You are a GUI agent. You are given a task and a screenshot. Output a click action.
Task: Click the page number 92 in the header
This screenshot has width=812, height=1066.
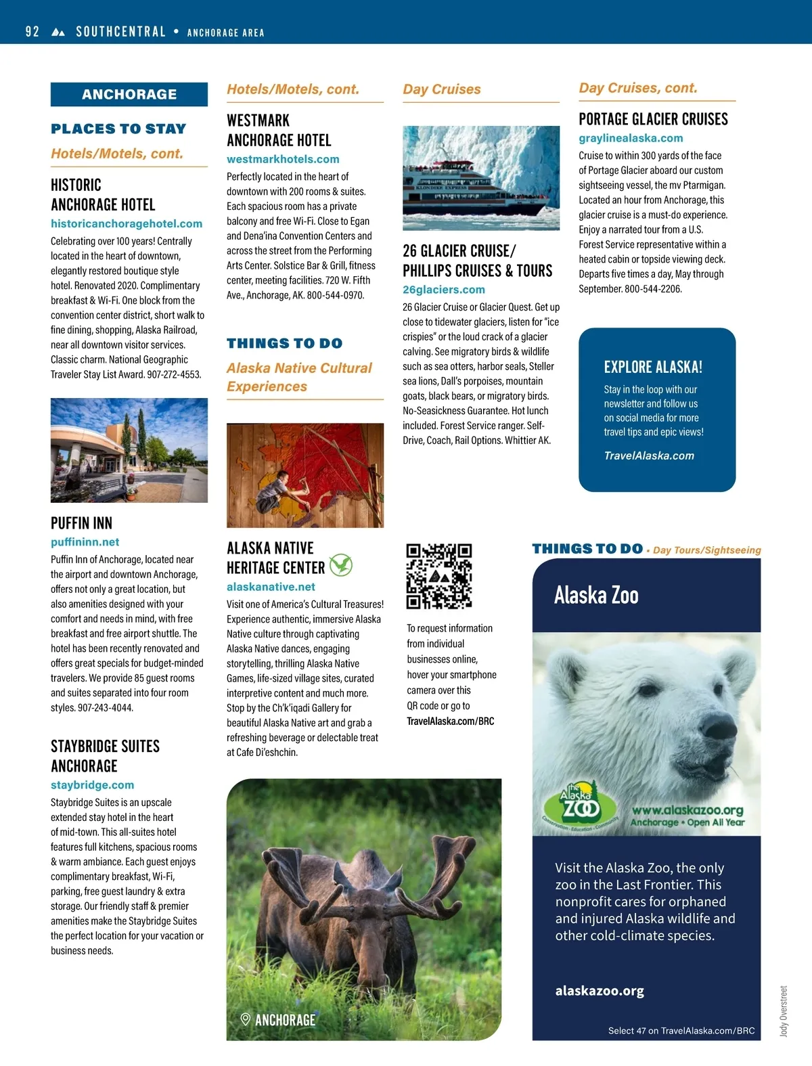pyautogui.click(x=32, y=32)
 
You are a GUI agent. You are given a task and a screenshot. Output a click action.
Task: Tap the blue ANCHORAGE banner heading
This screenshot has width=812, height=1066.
pyautogui.click(x=129, y=95)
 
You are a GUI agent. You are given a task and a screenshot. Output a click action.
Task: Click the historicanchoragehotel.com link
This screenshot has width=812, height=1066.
pyautogui.click(x=127, y=223)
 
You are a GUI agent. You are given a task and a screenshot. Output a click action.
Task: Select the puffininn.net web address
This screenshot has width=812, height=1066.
pyautogui.click(x=85, y=542)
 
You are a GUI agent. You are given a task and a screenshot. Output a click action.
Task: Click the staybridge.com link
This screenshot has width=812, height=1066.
pyautogui.click(x=93, y=785)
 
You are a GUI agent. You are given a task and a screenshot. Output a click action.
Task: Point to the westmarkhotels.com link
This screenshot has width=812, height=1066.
pyautogui.click(x=283, y=159)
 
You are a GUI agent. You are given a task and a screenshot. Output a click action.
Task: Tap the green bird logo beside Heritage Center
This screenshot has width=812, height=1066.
pyautogui.click(x=341, y=564)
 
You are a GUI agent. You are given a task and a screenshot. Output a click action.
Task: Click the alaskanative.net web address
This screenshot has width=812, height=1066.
pyautogui.click(x=271, y=587)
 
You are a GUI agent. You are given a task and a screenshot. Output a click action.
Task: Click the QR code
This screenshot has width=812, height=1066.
pyautogui.click(x=438, y=575)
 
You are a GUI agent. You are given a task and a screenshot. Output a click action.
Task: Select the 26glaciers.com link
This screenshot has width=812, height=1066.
pyautogui.click(x=444, y=290)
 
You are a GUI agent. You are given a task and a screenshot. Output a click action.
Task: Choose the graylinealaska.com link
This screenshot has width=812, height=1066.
pyautogui.click(x=631, y=138)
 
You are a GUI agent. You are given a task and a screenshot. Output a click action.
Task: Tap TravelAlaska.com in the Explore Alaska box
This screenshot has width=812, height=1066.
pyautogui.click(x=649, y=456)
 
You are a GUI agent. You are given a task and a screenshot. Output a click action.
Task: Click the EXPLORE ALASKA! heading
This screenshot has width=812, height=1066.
pyautogui.click(x=653, y=367)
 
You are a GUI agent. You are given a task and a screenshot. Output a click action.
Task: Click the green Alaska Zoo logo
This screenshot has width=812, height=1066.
pyautogui.click(x=580, y=806)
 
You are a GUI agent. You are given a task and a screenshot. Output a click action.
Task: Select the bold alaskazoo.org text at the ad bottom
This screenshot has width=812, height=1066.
pyautogui.click(x=600, y=991)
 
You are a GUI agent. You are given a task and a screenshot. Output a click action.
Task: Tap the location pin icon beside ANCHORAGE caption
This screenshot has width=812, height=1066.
pyautogui.click(x=246, y=1019)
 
